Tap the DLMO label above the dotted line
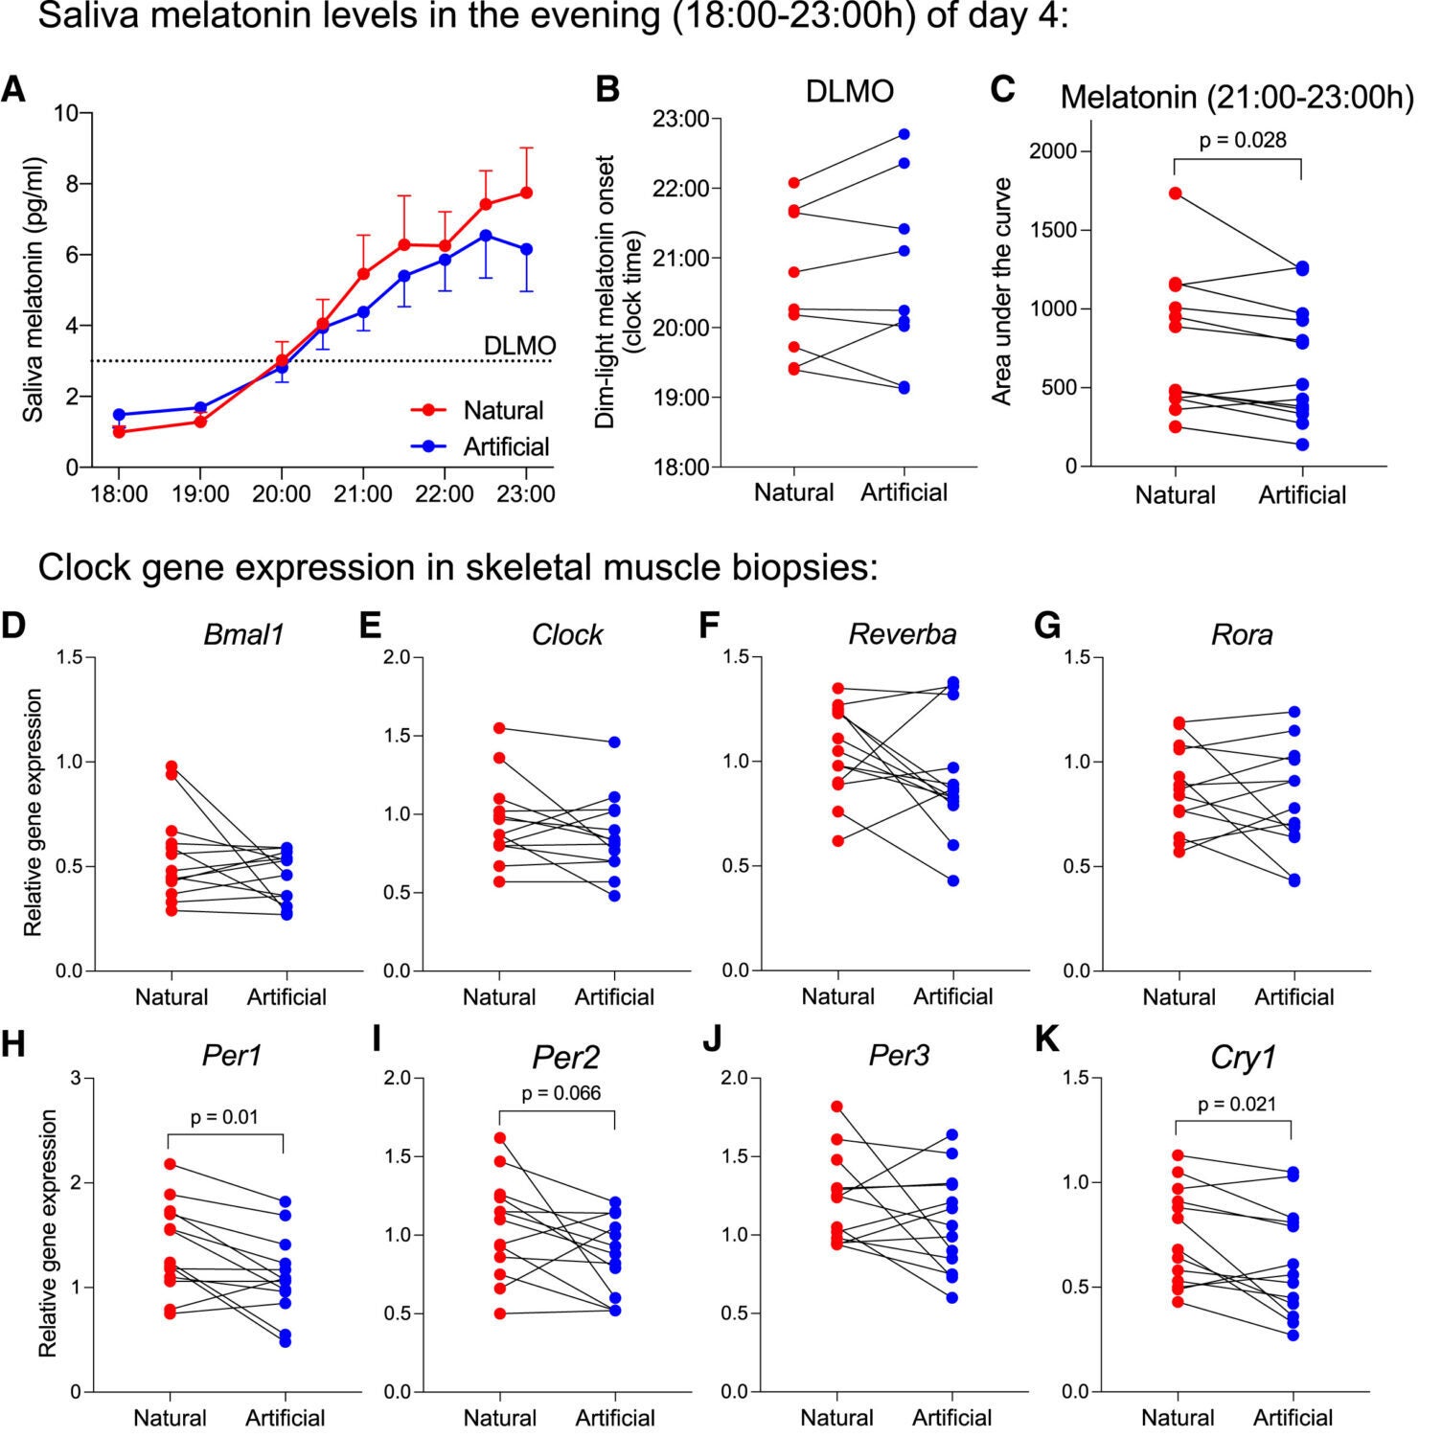pos(519,346)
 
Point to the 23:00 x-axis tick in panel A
pos(526,494)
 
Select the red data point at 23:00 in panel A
pos(526,193)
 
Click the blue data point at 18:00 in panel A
pos(119,415)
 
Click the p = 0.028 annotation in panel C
pos(1243,140)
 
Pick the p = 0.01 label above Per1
pos(224,1117)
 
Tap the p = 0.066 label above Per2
pos(561,1093)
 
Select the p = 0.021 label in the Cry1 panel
pos(1237,1104)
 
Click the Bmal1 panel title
pos(243,634)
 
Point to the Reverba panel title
pos(902,634)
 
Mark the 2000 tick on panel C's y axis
pos(1051,151)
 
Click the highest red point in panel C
pos(1175,194)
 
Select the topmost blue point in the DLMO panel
pos(904,134)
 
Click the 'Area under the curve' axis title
pos(1002,291)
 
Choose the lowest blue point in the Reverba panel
pos(953,880)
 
